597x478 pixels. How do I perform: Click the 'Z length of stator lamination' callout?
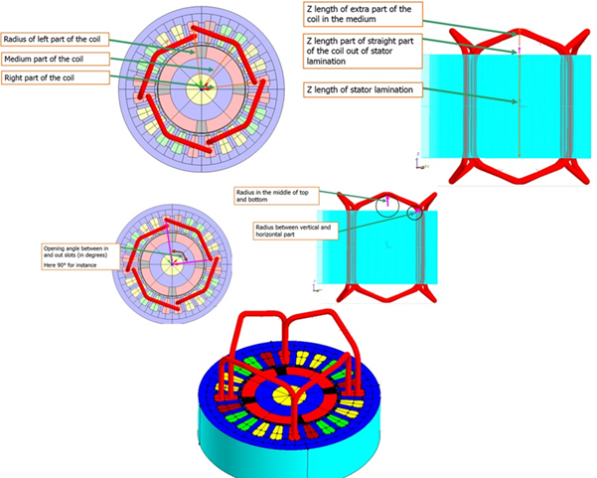click(x=357, y=89)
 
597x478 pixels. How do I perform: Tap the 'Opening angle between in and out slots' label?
click(x=80, y=253)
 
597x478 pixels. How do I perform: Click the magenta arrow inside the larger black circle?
click(x=388, y=202)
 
